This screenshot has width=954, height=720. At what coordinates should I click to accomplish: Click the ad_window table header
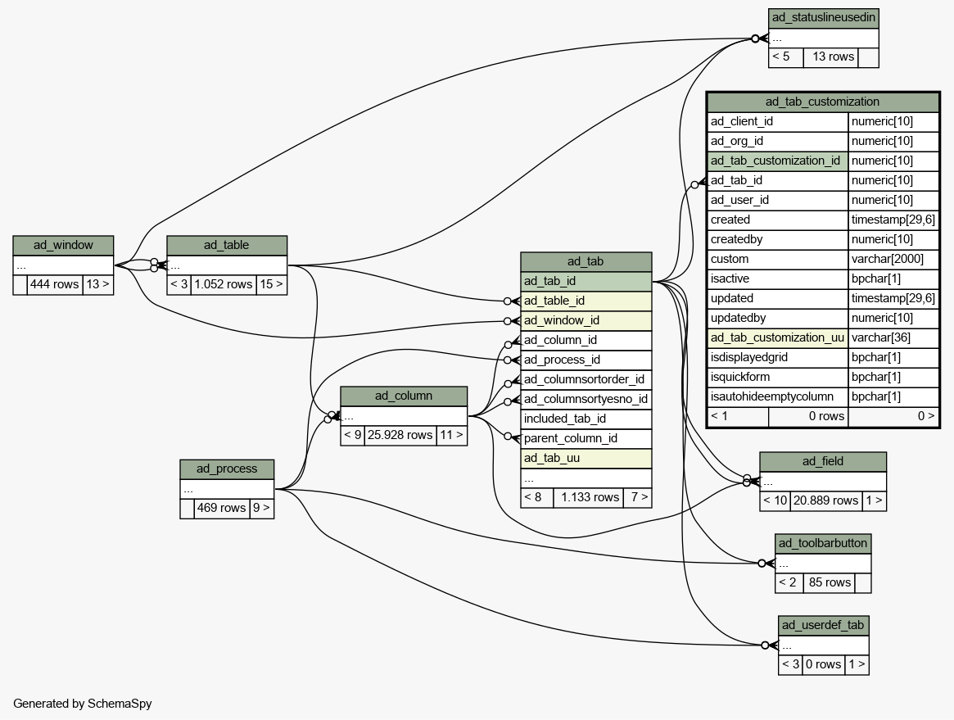pos(63,245)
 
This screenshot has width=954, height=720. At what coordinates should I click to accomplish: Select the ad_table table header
pos(227,245)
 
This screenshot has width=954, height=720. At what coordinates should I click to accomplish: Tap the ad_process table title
pos(227,469)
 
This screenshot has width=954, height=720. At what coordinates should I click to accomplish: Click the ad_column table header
pos(404,396)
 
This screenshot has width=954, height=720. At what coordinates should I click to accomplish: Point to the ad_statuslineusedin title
pos(824,18)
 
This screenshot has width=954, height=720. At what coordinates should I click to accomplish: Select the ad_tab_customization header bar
pos(823,102)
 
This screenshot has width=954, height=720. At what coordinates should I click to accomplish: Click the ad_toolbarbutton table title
pos(823,543)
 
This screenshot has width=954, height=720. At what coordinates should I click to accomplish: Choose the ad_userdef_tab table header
pos(823,625)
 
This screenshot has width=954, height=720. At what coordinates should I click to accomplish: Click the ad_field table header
pos(823,461)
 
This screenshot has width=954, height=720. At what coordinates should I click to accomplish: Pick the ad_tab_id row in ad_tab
pos(586,281)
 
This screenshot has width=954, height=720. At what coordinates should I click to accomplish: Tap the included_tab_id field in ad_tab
pos(586,419)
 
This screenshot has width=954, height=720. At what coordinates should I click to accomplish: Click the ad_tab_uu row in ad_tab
pos(586,458)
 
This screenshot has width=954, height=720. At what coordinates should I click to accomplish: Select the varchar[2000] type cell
pos(893,260)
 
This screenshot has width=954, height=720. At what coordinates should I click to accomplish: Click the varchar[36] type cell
pos(893,337)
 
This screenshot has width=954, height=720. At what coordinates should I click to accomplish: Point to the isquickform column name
pos(778,378)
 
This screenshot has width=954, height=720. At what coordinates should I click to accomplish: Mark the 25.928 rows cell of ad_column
pos(400,435)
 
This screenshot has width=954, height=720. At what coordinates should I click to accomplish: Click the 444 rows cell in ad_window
pos(55,284)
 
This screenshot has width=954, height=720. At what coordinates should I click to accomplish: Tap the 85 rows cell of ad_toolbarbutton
pos(830,582)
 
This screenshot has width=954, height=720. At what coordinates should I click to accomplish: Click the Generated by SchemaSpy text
pos(83,704)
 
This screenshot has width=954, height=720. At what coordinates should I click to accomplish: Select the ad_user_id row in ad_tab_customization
pos(778,200)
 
